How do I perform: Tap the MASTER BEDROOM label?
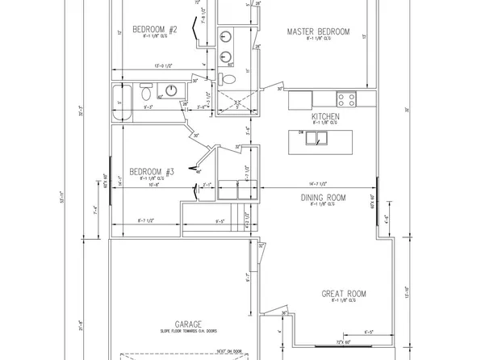coord(320,32)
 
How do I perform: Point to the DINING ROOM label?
coord(323,198)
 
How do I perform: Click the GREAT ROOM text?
coord(345,294)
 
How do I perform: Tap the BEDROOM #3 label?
coord(153,172)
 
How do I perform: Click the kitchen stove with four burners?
coord(346,99)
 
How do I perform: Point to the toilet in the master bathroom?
coord(228,79)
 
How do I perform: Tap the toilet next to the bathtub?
coord(147,89)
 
